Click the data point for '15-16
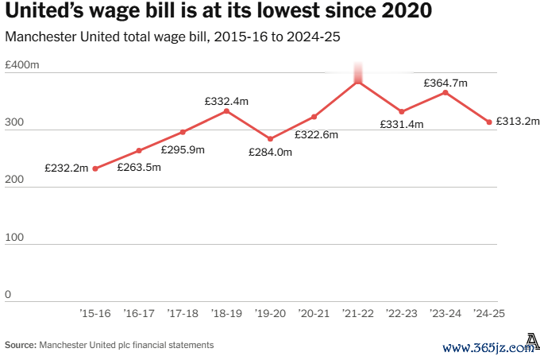[95, 168]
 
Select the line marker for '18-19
[226, 110]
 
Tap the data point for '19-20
[270, 139]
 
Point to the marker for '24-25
[489, 122]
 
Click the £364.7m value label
[445, 83]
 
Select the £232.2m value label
[66, 168]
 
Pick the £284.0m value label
[271, 152]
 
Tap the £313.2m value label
[518, 122]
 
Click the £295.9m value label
[183, 149]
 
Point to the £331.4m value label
[402, 125]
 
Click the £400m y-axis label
[22, 64]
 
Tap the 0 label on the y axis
[8, 295]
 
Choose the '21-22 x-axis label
[357, 314]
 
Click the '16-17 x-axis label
[139, 314]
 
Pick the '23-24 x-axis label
[445, 314]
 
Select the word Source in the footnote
[19, 345]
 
